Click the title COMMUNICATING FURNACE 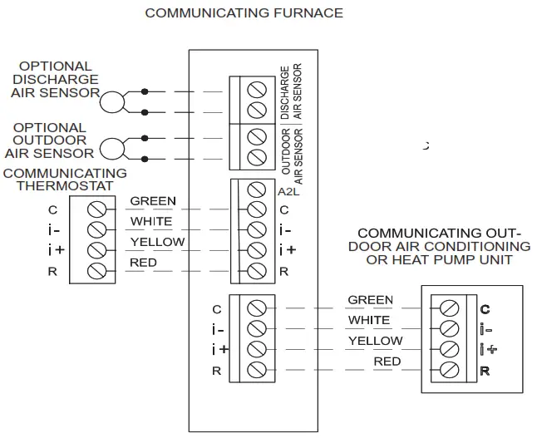coord(244,13)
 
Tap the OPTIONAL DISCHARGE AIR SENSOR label coord(56,80)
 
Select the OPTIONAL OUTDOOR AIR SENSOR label coord(52,140)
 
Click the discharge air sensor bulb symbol coord(111,101)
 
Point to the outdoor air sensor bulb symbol coord(111,149)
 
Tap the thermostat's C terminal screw coord(96,208)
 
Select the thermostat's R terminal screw coord(96,270)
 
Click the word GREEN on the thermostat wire coord(153,201)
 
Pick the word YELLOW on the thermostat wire coord(157,242)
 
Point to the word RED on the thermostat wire coord(143,263)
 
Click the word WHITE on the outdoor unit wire coord(369,320)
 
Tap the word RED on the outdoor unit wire coord(387,362)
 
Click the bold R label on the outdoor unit coord(485,371)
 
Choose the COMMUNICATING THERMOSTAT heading coord(65,180)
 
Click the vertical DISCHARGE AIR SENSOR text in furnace coord(291,94)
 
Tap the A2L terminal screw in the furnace coord(257,190)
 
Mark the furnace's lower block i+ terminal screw coord(257,349)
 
